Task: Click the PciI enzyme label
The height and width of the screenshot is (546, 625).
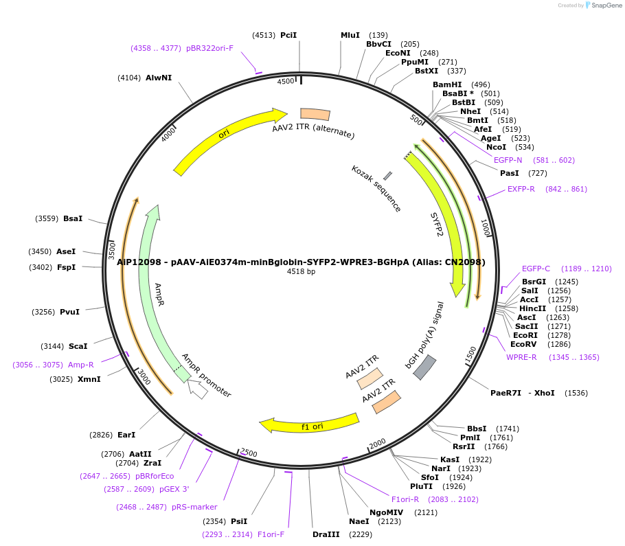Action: coord(288,35)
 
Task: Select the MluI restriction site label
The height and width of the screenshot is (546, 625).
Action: coord(350,35)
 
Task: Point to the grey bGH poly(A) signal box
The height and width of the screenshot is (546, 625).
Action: coord(424,367)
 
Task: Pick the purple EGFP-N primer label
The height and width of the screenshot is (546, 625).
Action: coord(508,160)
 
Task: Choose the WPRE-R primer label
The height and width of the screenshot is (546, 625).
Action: coord(522,357)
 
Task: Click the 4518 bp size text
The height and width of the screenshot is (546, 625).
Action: coord(301,272)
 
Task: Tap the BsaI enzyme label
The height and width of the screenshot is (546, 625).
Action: coord(72,218)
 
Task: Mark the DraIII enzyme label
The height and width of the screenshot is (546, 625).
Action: coord(326,534)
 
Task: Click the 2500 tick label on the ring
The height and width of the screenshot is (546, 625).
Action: coord(248,453)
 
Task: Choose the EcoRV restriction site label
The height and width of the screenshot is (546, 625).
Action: coord(523,344)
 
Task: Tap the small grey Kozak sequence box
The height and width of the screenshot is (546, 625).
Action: coord(388,177)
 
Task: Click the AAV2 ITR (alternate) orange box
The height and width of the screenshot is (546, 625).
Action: coord(315,114)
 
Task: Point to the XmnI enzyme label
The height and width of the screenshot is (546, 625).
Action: coord(89,379)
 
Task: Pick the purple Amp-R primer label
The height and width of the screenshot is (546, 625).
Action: coord(81,365)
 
